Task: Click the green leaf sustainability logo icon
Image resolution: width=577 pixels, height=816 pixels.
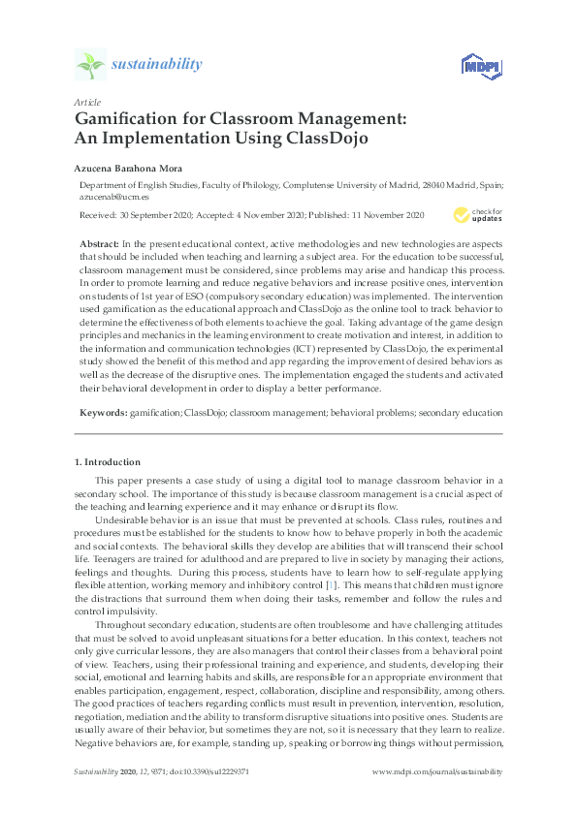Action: coord(89,65)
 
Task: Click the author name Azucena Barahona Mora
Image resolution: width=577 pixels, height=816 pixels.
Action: coord(130,168)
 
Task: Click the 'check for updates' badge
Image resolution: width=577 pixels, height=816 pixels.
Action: coord(476,215)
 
